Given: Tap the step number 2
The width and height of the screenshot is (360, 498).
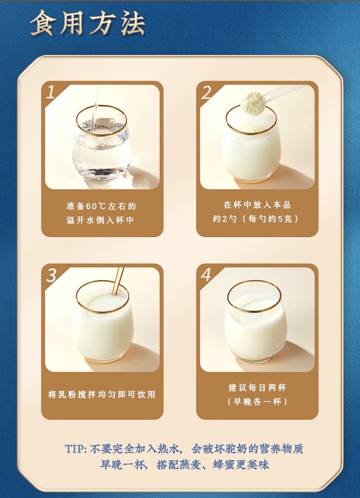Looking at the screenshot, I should pos(206,93).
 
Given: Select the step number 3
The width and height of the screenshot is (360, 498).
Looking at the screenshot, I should pos(51,275).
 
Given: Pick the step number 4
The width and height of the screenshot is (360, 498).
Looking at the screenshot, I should pos(206,275).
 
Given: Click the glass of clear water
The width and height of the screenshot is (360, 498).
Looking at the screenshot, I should pos(101,146).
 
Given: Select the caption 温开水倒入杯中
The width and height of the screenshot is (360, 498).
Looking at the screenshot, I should pos(101,220).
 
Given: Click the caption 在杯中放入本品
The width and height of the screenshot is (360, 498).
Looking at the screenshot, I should pos(257,205).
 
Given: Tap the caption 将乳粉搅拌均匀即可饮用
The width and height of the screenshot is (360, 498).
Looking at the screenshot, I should pos(102,394).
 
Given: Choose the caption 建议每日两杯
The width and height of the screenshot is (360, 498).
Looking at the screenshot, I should pos(257,388).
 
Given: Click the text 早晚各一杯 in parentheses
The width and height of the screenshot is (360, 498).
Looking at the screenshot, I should pos(257,402).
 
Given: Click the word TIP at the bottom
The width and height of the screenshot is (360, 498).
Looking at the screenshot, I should pos(75,449).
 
